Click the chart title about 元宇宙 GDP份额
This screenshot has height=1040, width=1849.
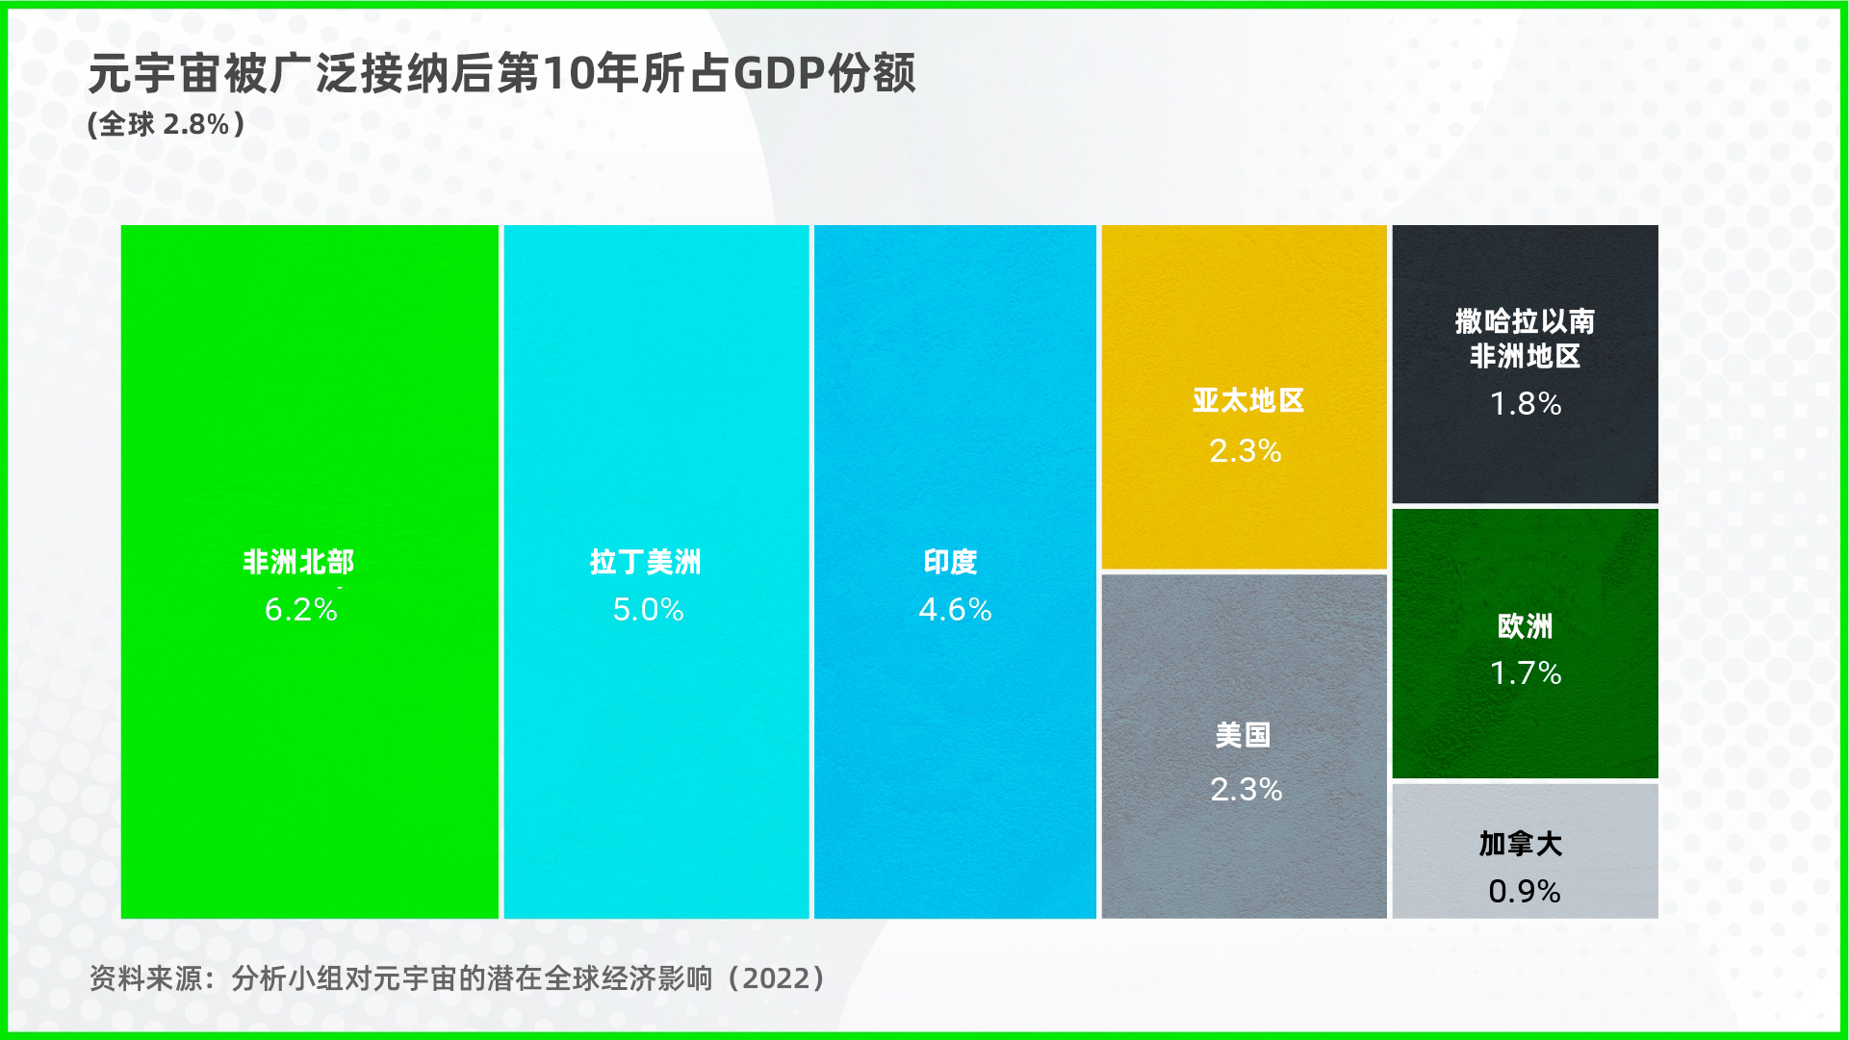click(501, 73)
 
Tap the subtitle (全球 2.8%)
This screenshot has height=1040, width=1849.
click(166, 124)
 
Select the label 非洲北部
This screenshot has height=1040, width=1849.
click(298, 562)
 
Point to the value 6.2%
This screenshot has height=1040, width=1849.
click(301, 609)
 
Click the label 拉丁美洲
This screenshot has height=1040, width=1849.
click(646, 562)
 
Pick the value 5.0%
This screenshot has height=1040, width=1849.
click(649, 609)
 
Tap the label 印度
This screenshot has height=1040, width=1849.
click(951, 562)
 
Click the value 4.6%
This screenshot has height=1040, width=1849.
click(955, 609)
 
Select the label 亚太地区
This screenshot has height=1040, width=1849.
click(1248, 400)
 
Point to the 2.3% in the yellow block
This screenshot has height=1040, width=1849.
click(1246, 450)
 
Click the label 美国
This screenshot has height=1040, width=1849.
click(1243, 735)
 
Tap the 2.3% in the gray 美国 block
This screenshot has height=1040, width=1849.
click(1246, 789)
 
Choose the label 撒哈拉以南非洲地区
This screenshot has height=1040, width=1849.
click(1526, 339)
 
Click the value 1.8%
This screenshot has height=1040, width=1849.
click(1526, 403)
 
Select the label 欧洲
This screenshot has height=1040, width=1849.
click(1526, 626)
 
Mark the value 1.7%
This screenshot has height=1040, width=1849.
click(1526, 672)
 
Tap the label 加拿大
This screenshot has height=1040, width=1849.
click(1521, 844)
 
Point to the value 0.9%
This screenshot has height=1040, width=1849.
click(1525, 891)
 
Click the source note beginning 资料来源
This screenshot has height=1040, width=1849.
click(457, 978)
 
